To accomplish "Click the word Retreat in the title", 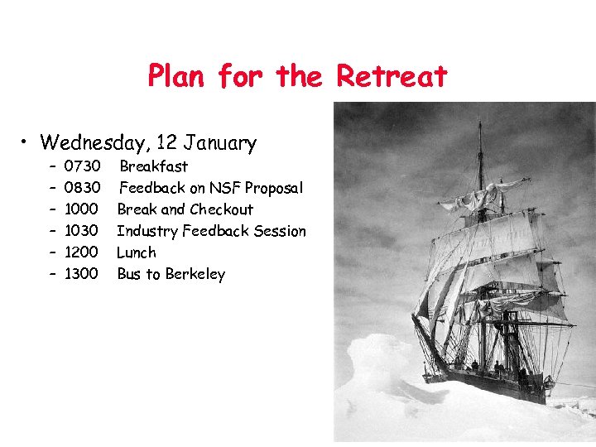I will [x=392, y=76].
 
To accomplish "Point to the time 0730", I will [x=82, y=166].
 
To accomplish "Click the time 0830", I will [x=82, y=188].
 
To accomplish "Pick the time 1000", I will [x=81, y=209].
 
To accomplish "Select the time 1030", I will [x=81, y=231].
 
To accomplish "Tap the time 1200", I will [x=81, y=252].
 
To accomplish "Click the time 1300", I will [x=81, y=274].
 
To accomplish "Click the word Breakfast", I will [x=154, y=166].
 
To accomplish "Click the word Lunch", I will [x=136, y=252].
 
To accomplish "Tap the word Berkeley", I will [x=195, y=274].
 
